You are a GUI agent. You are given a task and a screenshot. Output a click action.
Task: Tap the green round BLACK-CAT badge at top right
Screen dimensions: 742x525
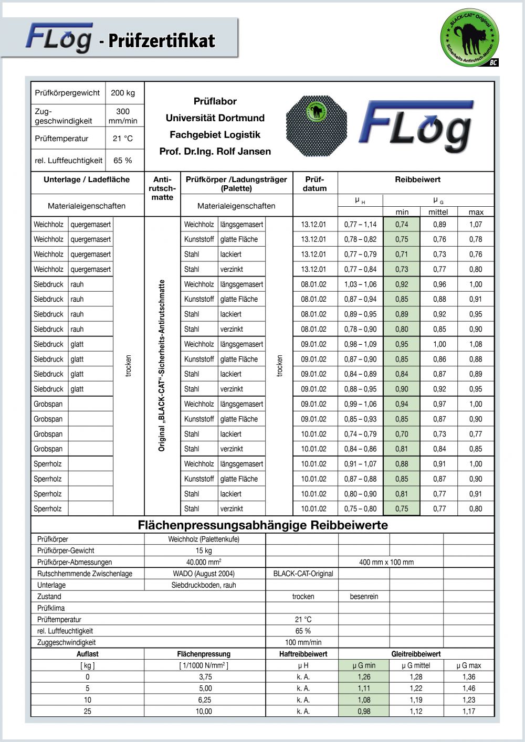coord(469,37)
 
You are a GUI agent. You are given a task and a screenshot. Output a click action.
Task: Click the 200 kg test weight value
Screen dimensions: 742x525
coord(123,93)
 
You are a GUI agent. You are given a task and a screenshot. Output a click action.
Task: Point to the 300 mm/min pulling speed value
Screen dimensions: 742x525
coord(123,116)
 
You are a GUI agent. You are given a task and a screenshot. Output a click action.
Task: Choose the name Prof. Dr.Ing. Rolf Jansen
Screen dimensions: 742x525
coord(215,152)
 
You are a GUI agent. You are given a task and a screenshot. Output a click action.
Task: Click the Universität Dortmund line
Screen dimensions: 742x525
coord(215,118)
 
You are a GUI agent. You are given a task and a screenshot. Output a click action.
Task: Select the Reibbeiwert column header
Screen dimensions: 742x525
coord(417,179)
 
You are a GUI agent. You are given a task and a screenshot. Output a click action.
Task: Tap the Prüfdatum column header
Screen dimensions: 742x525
coord(315,184)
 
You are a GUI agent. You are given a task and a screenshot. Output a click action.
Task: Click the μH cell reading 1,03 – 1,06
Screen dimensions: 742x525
coord(360,284)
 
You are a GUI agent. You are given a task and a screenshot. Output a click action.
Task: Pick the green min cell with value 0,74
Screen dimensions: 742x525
coord(402,225)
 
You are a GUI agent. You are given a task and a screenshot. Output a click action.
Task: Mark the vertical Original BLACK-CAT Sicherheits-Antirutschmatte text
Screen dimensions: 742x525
coord(162,365)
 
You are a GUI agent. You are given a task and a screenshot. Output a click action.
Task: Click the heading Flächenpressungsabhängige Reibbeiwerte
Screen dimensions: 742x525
coord(262,525)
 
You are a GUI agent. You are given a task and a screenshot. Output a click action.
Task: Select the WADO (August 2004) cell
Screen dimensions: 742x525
coord(204,574)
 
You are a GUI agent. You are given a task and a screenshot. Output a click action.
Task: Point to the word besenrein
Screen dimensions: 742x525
coord(364,597)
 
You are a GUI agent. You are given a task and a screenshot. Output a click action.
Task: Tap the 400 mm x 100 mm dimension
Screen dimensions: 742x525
coord(386,562)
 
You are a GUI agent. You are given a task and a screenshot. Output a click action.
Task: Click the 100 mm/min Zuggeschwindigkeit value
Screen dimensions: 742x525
coord(303,642)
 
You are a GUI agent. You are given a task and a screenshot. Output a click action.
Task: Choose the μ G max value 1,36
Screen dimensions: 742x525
coord(468,677)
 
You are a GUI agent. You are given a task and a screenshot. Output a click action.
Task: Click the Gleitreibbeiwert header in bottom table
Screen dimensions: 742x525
coord(416,654)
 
